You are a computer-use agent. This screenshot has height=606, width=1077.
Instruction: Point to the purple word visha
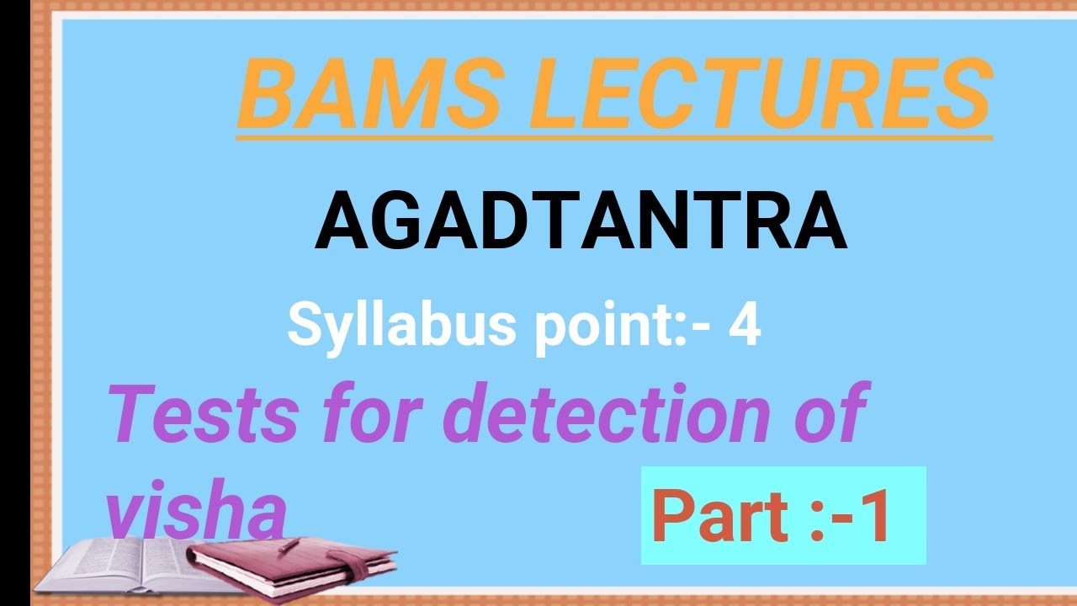(195, 513)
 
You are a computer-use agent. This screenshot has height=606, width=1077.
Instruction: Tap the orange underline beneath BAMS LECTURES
(614, 136)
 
